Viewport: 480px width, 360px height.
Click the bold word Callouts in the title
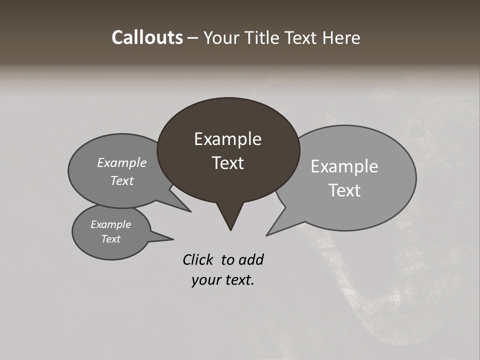pos(147,37)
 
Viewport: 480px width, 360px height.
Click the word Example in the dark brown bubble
pos(227,139)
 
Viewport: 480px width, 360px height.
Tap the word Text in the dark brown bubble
pos(227,163)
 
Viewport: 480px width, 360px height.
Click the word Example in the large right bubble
pos(344,166)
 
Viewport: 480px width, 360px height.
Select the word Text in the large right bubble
pos(344,190)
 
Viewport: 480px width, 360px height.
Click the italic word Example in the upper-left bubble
pos(121,162)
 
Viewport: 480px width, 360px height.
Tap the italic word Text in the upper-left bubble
pos(121,180)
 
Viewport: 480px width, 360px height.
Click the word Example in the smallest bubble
pos(110,224)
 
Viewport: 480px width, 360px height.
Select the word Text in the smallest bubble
pos(110,239)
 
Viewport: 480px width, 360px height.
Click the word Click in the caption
pos(198,259)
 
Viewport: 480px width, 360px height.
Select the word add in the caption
pos(250,259)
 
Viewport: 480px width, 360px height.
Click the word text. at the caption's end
pos(237,280)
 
